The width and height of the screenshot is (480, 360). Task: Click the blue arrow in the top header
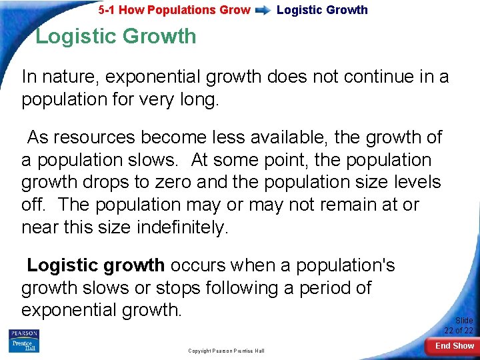pos(263,10)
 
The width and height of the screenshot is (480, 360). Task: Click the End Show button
pos(454,345)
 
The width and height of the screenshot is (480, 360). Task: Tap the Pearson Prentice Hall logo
pos(23,341)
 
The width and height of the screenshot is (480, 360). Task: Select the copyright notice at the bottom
pos(226,351)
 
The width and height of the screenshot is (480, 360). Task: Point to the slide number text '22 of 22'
pos(459,331)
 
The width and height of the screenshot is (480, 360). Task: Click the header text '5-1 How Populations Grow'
pos(175,10)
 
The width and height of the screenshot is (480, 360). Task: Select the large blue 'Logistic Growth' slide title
pos(115,36)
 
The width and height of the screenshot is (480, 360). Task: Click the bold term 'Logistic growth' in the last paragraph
pos(95,265)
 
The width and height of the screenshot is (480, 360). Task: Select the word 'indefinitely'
pos(182,227)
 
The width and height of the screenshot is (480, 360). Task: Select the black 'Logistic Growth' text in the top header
pos(322,10)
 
